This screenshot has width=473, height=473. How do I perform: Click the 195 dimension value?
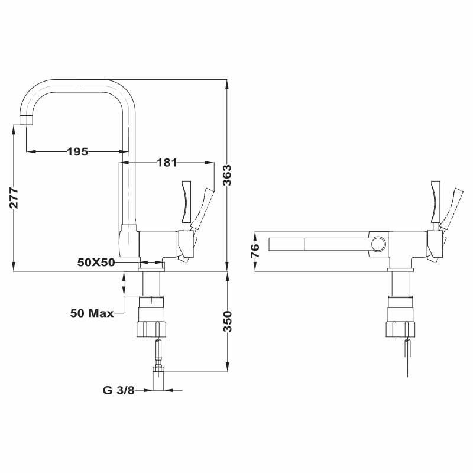pos(77,151)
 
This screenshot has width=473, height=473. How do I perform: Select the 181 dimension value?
pos(167,162)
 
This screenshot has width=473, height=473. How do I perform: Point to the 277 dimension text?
pos(14,199)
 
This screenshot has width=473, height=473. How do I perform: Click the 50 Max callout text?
pos(92,313)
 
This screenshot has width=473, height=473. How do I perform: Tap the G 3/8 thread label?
pos(118,390)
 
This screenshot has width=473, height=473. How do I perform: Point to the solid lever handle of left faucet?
pos(186,201)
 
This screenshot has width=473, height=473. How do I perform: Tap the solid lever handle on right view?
pos(435,201)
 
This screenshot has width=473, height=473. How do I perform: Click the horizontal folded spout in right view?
pos(319,244)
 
